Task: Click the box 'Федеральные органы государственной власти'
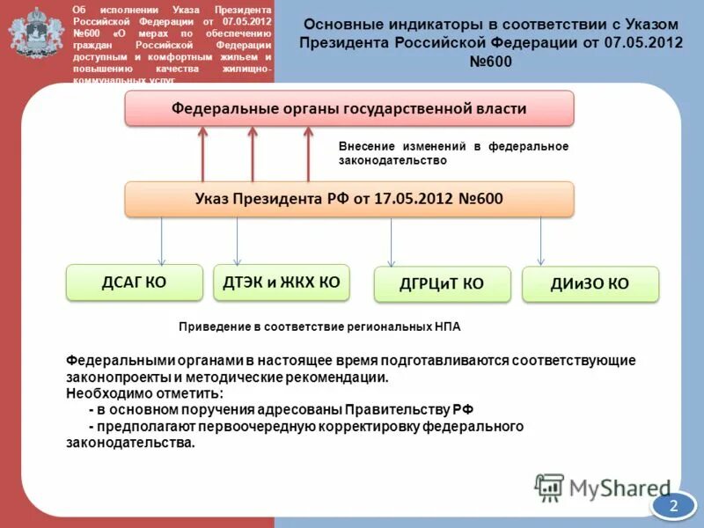point(348,108)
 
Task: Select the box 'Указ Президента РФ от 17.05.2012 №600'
point(348,199)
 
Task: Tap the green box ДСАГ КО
point(135,282)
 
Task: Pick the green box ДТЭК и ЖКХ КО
point(281,282)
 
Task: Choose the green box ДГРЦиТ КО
point(442,284)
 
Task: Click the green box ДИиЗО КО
point(590,284)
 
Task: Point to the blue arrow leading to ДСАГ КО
point(161,241)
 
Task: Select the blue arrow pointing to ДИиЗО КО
point(540,242)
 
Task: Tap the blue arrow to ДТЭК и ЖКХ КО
point(237,241)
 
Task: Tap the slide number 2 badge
point(674,505)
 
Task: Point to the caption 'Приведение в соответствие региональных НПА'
point(319,326)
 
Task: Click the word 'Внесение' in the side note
point(364,146)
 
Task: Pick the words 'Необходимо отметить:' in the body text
point(145,393)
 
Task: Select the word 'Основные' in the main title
point(340,24)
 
